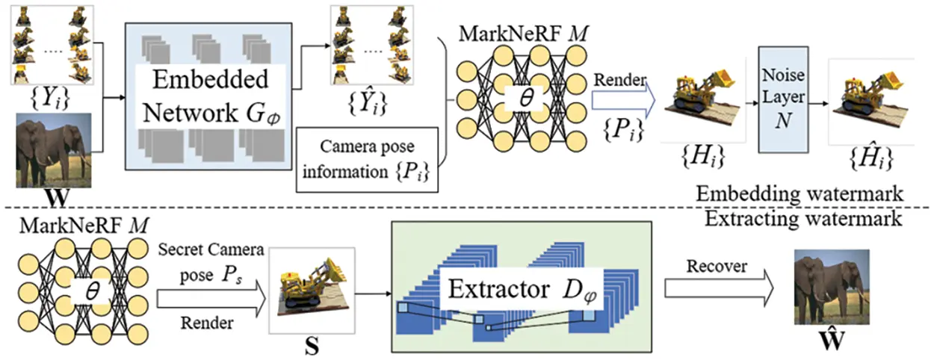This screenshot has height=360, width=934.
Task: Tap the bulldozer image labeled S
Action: coord(309,288)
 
